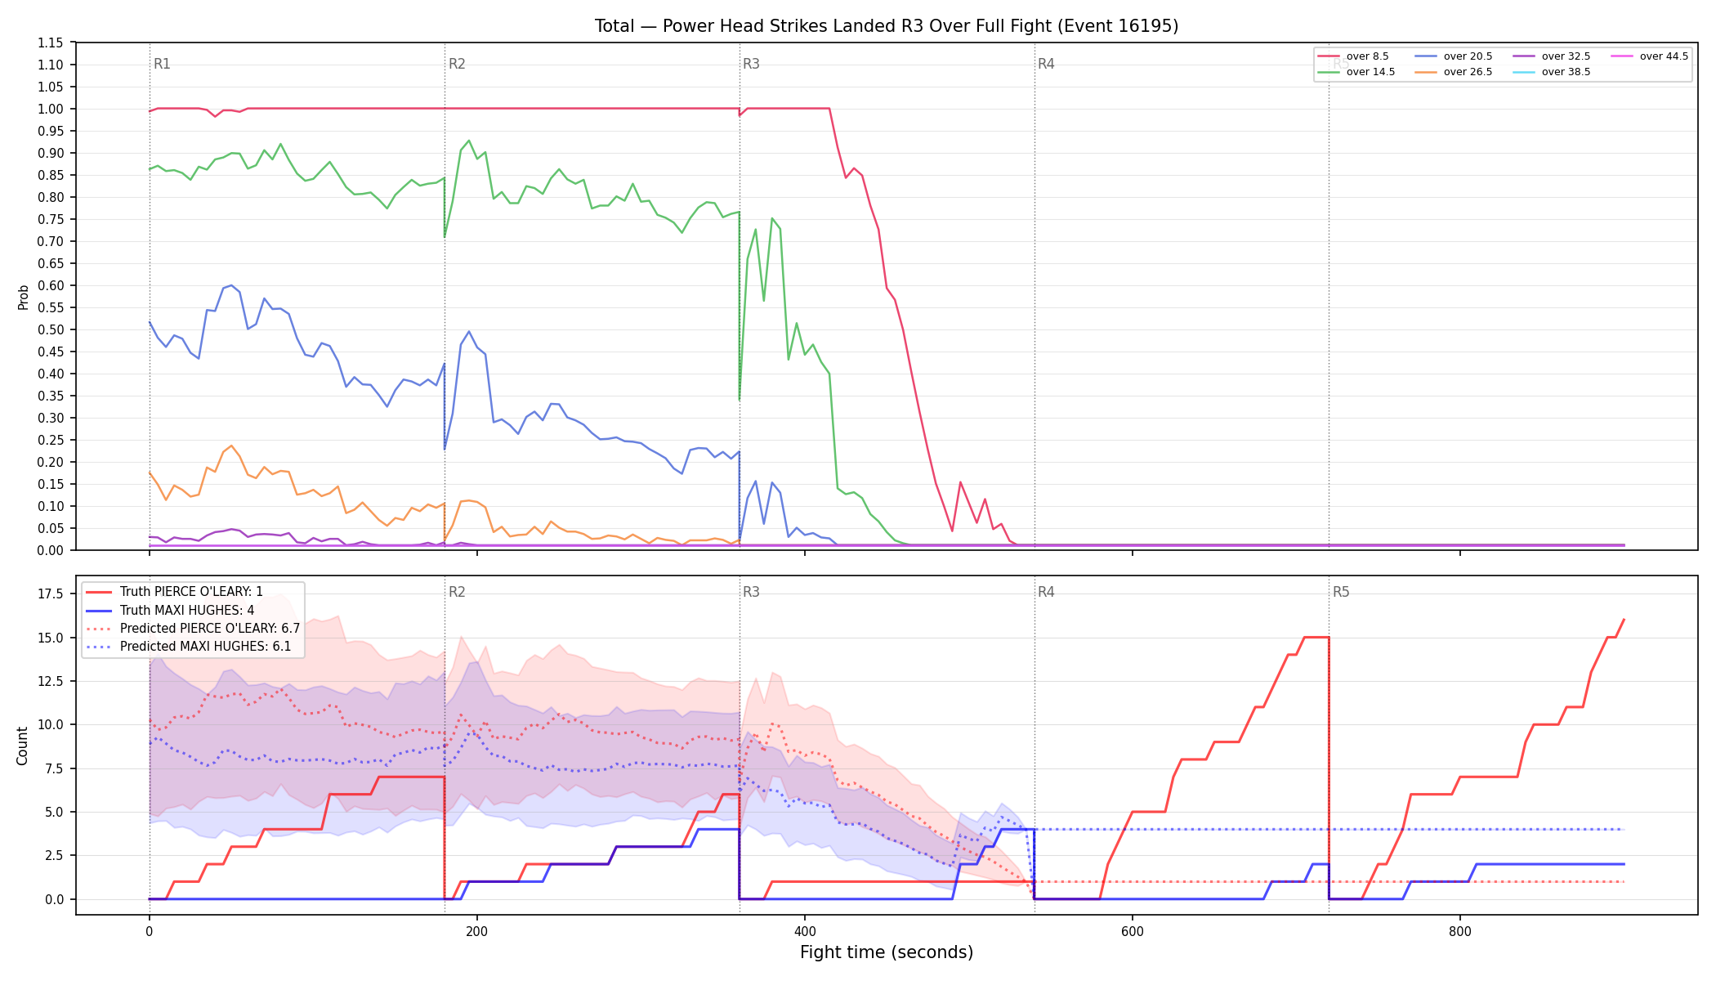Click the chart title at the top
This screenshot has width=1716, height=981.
tap(887, 26)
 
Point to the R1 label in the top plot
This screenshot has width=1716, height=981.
tap(162, 64)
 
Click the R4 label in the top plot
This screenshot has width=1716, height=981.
tap(1046, 64)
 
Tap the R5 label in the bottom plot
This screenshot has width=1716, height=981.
tap(1341, 592)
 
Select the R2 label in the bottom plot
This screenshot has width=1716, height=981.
tap(457, 592)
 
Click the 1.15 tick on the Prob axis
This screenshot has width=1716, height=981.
tap(51, 43)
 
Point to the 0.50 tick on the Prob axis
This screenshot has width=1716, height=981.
tap(51, 329)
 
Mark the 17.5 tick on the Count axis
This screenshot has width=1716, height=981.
tap(51, 594)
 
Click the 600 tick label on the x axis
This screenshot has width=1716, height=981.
tap(1133, 931)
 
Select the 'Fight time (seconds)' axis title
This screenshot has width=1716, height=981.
tap(887, 952)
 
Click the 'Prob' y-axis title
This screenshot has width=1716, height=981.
tap(23, 297)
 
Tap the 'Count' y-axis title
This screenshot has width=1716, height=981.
tap(22, 746)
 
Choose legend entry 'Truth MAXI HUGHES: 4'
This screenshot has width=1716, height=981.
tap(187, 610)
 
